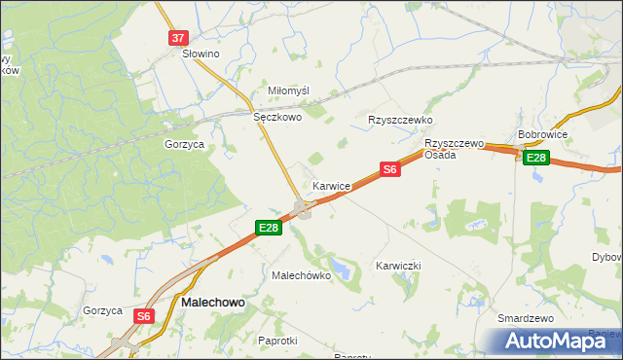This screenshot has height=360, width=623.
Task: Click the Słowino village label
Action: (x=201, y=54)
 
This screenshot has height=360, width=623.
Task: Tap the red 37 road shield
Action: (x=176, y=38)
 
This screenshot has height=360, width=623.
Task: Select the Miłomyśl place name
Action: (x=288, y=90)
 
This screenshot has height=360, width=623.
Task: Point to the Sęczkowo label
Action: (x=277, y=117)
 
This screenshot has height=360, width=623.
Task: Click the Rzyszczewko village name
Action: (x=399, y=120)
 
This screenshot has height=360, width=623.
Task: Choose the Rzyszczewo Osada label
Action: (x=454, y=149)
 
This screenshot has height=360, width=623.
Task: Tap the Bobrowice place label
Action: (x=543, y=134)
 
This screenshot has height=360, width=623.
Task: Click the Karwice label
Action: (x=332, y=185)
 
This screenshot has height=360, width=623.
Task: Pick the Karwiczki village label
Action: (x=397, y=266)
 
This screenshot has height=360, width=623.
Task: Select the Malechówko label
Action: (x=301, y=275)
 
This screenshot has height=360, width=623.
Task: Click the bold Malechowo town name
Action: (x=213, y=303)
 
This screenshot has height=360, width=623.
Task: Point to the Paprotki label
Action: (x=277, y=341)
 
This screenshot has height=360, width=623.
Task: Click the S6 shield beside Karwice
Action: (x=389, y=169)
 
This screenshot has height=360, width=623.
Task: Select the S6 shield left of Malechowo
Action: (x=144, y=316)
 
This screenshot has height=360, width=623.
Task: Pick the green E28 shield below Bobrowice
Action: (x=535, y=158)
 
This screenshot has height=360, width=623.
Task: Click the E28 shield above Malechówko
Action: (x=269, y=228)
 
